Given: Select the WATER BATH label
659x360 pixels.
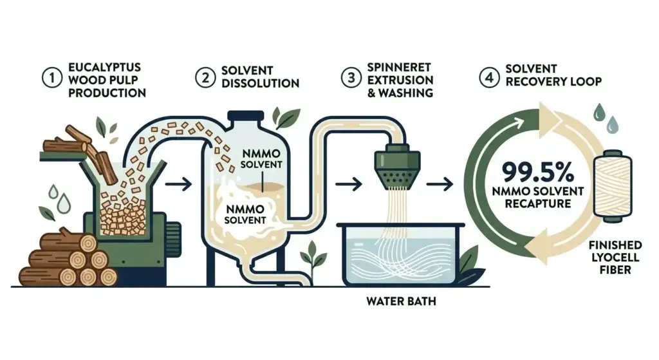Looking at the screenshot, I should coord(402,300).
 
